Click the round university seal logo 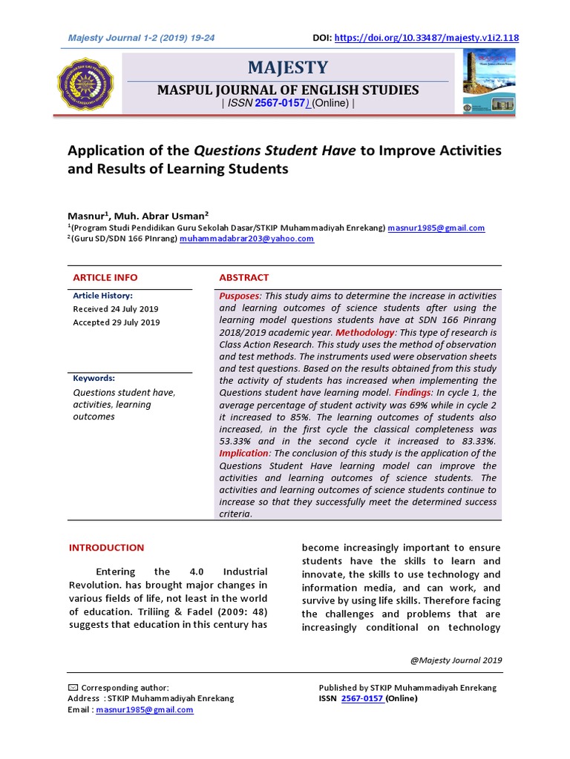tap(87, 84)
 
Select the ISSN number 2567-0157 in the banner tap(279, 103)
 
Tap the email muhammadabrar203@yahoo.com tap(246, 239)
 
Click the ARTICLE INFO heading tap(105, 277)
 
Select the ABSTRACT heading tap(243, 277)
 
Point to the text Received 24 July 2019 tap(115, 309)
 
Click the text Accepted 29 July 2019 tap(116, 322)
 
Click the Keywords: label tap(94, 378)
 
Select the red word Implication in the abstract tap(243, 453)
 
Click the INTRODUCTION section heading tap(106, 548)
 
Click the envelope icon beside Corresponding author tap(72, 688)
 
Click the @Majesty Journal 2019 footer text tap(456, 660)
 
